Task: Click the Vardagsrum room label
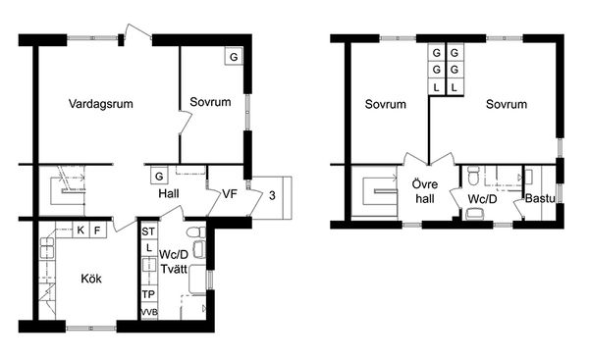tap(101, 104)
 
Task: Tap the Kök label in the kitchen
tap(91, 279)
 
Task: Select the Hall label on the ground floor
tap(169, 193)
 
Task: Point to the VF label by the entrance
tap(230, 193)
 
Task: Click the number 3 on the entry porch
tap(272, 195)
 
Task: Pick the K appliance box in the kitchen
tap(80, 231)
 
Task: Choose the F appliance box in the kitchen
tap(97, 231)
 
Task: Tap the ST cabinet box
tap(148, 231)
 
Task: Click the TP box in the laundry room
tap(149, 294)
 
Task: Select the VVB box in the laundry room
tap(149, 312)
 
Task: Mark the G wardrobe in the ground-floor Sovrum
tap(234, 57)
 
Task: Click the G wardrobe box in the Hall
tap(159, 176)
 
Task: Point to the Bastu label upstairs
tap(540, 198)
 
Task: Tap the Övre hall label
tap(425, 191)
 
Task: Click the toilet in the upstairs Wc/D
tap(473, 176)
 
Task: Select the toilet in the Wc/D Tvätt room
tap(196, 232)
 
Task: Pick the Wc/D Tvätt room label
tap(174, 262)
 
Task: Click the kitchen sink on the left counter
tap(47, 248)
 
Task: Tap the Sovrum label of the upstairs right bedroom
tap(507, 104)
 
